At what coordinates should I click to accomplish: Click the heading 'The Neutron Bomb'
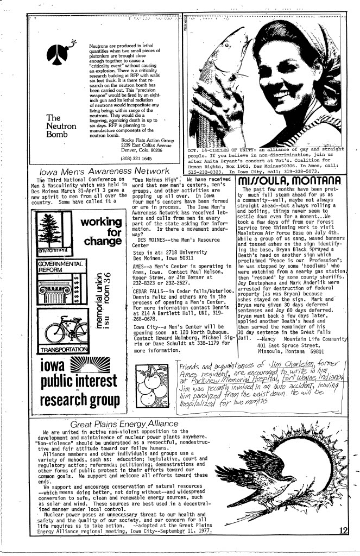tap(60, 125)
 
